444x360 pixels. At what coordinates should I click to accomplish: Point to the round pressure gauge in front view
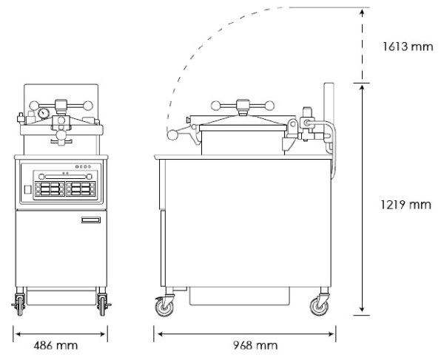tap(45, 115)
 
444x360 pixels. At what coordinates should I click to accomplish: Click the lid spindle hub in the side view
tap(242, 105)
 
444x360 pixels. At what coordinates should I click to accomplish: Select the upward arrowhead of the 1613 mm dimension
tap(362, 11)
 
